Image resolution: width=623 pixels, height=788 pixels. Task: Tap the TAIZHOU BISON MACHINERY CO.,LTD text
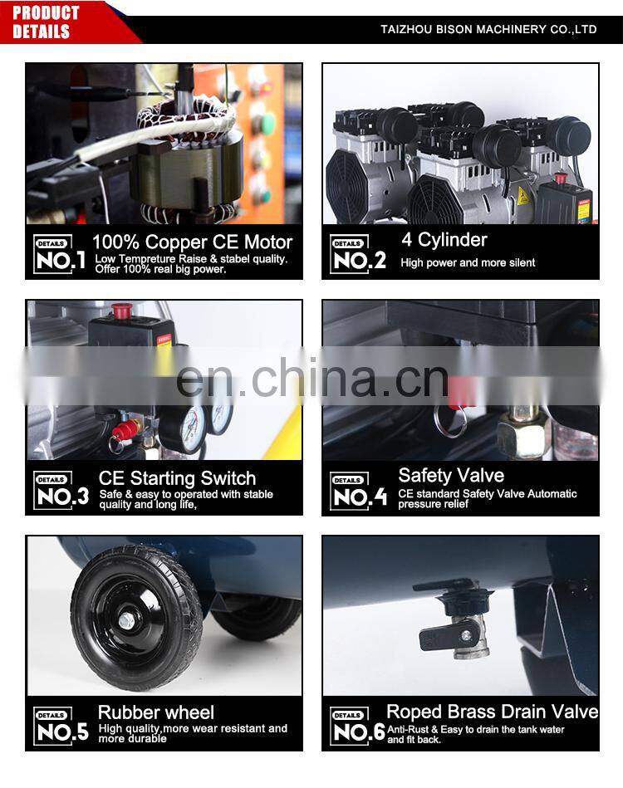click(x=488, y=29)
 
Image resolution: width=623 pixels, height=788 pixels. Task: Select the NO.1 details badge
click(x=59, y=254)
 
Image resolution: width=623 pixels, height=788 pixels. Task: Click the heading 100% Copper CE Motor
click(x=192, y=242)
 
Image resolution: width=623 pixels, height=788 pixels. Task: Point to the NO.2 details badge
click(x=358, y=254)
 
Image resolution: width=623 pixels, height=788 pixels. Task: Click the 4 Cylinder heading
click(x=444, y=240)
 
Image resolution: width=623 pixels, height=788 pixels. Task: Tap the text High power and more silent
click(x=468, y=262)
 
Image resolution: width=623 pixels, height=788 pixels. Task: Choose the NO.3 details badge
click(x=61, y=491)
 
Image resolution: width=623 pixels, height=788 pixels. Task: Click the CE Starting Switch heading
click(x=177, y=478)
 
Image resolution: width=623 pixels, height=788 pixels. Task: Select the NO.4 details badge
click(x=359, y=491)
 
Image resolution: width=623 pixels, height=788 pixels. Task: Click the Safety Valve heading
click(x=451, y=476)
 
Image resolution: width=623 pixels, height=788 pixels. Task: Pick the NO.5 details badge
click(x=61, y=726)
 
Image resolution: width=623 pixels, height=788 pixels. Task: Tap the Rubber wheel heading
click(x=156, y=712)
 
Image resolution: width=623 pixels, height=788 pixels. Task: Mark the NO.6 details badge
click(x=357, y=727)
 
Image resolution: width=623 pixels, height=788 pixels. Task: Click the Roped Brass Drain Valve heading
click(x=493, y=712)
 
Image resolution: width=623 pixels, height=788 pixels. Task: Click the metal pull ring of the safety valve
click(x=449, y=421)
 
